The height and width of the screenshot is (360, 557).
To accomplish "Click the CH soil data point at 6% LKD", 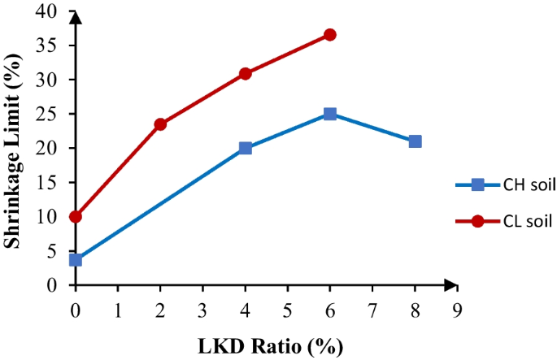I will point(330,114).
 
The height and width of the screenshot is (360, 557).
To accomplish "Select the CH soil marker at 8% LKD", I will point(415,141).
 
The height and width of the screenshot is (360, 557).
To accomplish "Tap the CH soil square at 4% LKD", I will point(246,148).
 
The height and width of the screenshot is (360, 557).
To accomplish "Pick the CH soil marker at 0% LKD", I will point(76,259).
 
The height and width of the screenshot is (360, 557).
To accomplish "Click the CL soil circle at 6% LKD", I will point(330,35).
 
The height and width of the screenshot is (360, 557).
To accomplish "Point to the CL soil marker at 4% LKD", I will point(246,74).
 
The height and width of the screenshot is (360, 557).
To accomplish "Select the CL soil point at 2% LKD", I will point(160,124).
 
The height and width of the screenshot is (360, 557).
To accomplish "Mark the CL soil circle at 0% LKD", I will point(76,217).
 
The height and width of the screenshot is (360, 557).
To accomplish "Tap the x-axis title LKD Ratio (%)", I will point(268,345).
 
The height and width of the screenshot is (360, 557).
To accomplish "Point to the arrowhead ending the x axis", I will point(449,285).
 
